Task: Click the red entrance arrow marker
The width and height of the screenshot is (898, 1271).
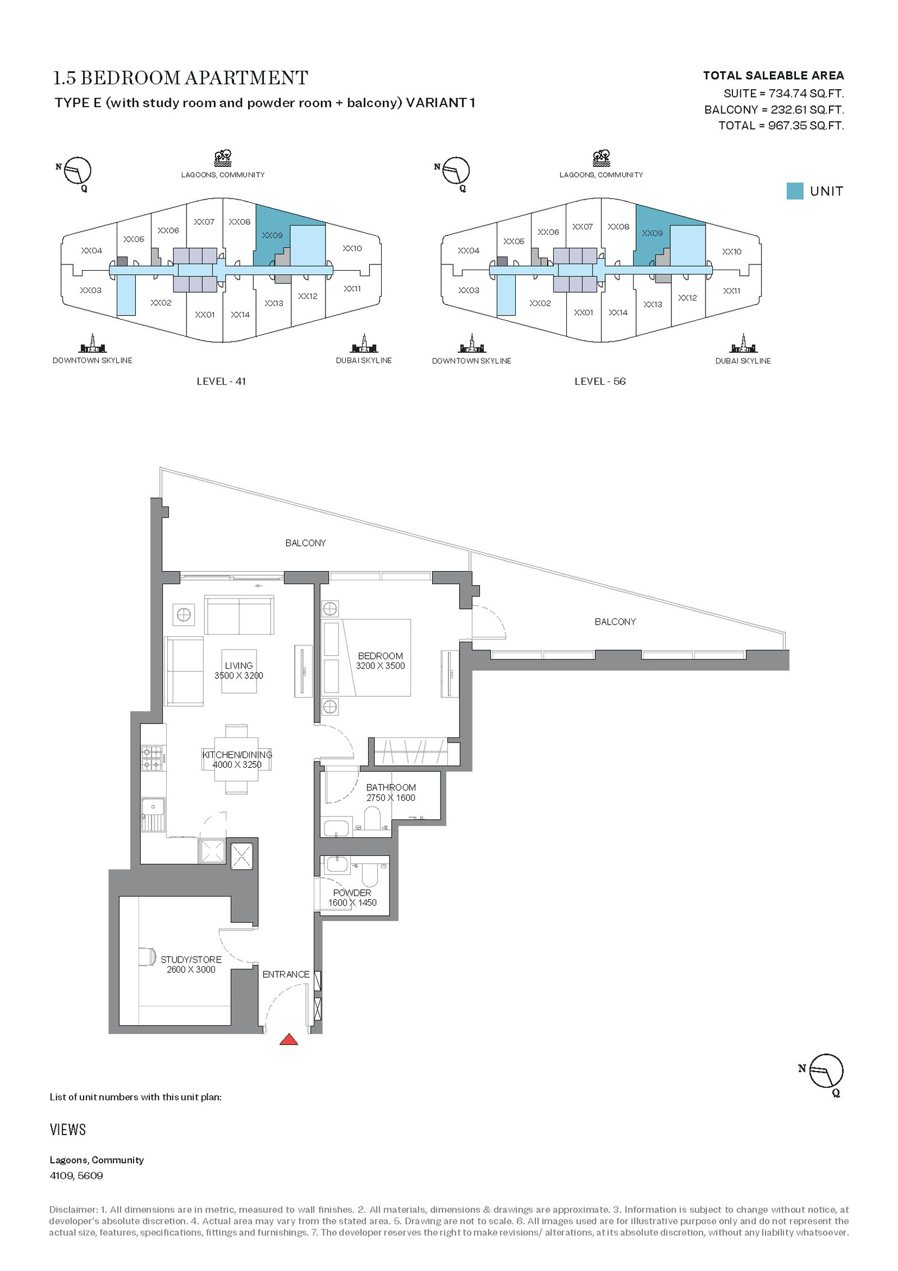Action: [288, 1039]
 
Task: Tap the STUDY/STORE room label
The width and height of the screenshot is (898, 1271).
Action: [191, 959]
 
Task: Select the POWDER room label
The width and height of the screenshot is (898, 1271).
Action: [352, 892]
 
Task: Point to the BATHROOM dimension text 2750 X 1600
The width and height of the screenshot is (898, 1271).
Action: [391, 798]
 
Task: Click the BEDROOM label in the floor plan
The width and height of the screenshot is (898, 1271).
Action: [380, 655]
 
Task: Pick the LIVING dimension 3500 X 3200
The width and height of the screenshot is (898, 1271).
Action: [239, 676]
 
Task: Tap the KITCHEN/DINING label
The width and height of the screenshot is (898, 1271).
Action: [237, 754]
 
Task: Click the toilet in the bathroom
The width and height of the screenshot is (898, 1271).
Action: [372, 818]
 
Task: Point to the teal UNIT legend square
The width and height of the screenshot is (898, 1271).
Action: [795, 191]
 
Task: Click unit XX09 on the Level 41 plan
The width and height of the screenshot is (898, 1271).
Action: [272, 235]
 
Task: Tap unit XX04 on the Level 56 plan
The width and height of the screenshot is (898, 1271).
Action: [469, 250]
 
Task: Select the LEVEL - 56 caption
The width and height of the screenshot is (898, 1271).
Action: [600, 381]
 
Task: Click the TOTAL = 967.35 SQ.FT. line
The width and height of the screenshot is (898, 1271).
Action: [781, 125]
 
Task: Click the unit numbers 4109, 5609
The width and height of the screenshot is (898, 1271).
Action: [76, 1176]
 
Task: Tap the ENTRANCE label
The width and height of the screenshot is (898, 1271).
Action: [286, 974]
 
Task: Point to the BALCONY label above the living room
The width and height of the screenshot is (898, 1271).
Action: [305, 543]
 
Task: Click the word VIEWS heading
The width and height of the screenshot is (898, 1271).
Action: [68, 1129]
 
